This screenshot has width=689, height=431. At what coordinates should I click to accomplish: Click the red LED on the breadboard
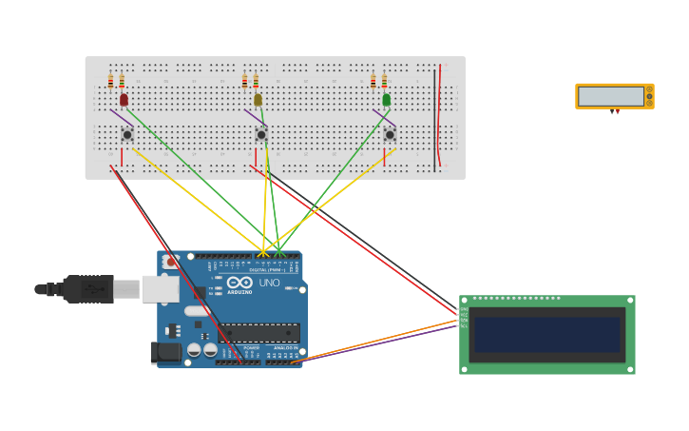pyautogui.click(x=124, y=99)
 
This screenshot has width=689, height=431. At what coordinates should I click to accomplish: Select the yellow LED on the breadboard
pyautogui.click(x=258, y=99)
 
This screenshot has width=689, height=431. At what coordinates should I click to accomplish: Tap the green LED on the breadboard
pyautogui.click(x=386, y=99)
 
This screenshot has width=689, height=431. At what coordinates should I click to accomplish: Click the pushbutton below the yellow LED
pyautogui.click(x=260, y=134)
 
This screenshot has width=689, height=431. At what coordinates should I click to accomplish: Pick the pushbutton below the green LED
pyautogui.click(x=390, y=134)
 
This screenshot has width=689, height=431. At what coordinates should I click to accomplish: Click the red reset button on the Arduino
pyautogui.click(x=170, y=261)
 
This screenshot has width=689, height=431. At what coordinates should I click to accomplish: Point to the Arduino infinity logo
pyautogui.click(x=239, y=283)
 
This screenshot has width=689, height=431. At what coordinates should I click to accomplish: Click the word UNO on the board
pyautogui.click(x=270, y=283)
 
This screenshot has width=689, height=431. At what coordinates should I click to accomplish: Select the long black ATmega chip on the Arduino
pyautogui.click(x=259, y=332)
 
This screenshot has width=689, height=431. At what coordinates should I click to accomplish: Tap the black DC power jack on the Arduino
pyautogui.click(x=165, y=353)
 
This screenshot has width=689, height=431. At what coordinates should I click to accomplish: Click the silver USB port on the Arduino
pyautogui.click(x=161, y=289)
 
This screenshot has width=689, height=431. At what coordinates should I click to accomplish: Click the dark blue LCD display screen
pyautogui.click(x=547, y=335)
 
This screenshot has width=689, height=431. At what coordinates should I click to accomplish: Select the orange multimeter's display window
pyautogui.click(x=611, y=96)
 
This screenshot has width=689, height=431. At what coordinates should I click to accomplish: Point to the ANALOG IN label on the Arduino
pyautogui.click(x=284, y=348)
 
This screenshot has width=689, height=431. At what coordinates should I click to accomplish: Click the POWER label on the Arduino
pyautogui.click(x=251, y=348)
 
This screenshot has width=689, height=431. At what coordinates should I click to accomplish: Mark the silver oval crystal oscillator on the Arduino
pyautogui.click(x=198, y=311)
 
